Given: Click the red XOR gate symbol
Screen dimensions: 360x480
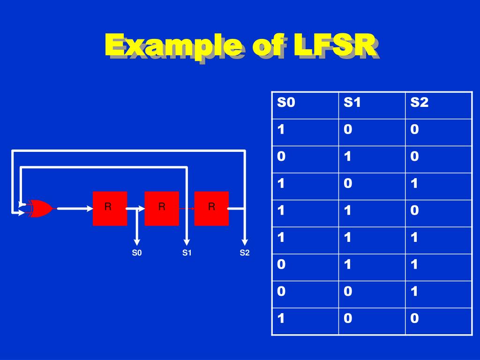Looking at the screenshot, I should [41, 208].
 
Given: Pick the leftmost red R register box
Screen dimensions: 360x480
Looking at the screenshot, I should [110, 208].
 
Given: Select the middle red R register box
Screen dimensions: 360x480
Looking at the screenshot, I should [162, 208].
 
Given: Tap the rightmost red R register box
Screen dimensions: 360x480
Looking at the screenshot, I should [211, 208].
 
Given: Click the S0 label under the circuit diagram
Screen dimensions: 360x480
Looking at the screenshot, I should [136, 253].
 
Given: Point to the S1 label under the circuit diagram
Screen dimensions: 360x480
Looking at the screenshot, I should [187, 253].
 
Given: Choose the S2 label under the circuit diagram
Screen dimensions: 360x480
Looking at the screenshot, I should [245, 253].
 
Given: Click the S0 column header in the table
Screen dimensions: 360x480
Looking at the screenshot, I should [286, 103].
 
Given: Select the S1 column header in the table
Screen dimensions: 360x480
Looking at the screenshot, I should [352, 103].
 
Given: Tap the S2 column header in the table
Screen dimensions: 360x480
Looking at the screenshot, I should [419, 103].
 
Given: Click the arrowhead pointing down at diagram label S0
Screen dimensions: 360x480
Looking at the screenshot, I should [136, 242].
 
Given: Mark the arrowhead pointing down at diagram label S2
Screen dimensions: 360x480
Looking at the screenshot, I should [245, 242].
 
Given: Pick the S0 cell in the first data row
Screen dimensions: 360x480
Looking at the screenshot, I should [281, 130].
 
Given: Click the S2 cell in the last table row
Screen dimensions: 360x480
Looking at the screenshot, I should [414, 319].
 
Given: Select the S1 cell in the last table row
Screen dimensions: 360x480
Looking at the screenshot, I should [347, 319].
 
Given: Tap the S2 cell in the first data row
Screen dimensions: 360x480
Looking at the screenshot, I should [414, 130].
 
